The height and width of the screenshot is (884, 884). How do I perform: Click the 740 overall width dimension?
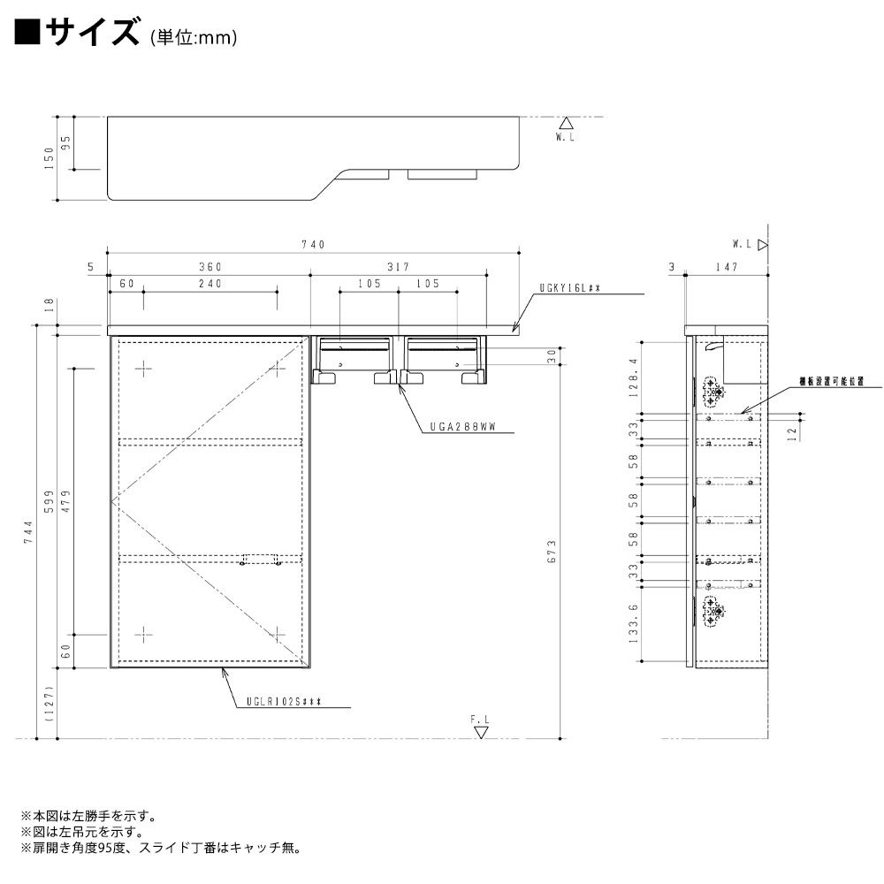pos(314,245)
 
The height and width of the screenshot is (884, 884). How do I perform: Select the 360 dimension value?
pos(209,266)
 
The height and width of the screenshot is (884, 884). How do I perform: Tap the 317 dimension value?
pos(397,266)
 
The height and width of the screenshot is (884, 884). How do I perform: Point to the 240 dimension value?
pos(209,284)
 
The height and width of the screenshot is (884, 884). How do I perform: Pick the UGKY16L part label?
pos(570,288)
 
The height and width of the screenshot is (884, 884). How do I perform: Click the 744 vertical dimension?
pos(28,530)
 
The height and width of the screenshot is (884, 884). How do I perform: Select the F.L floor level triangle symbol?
pos(480,732)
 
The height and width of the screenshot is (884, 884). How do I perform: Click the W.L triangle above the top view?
pos(567,124)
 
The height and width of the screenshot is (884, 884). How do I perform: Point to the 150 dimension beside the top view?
pos(50,157)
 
